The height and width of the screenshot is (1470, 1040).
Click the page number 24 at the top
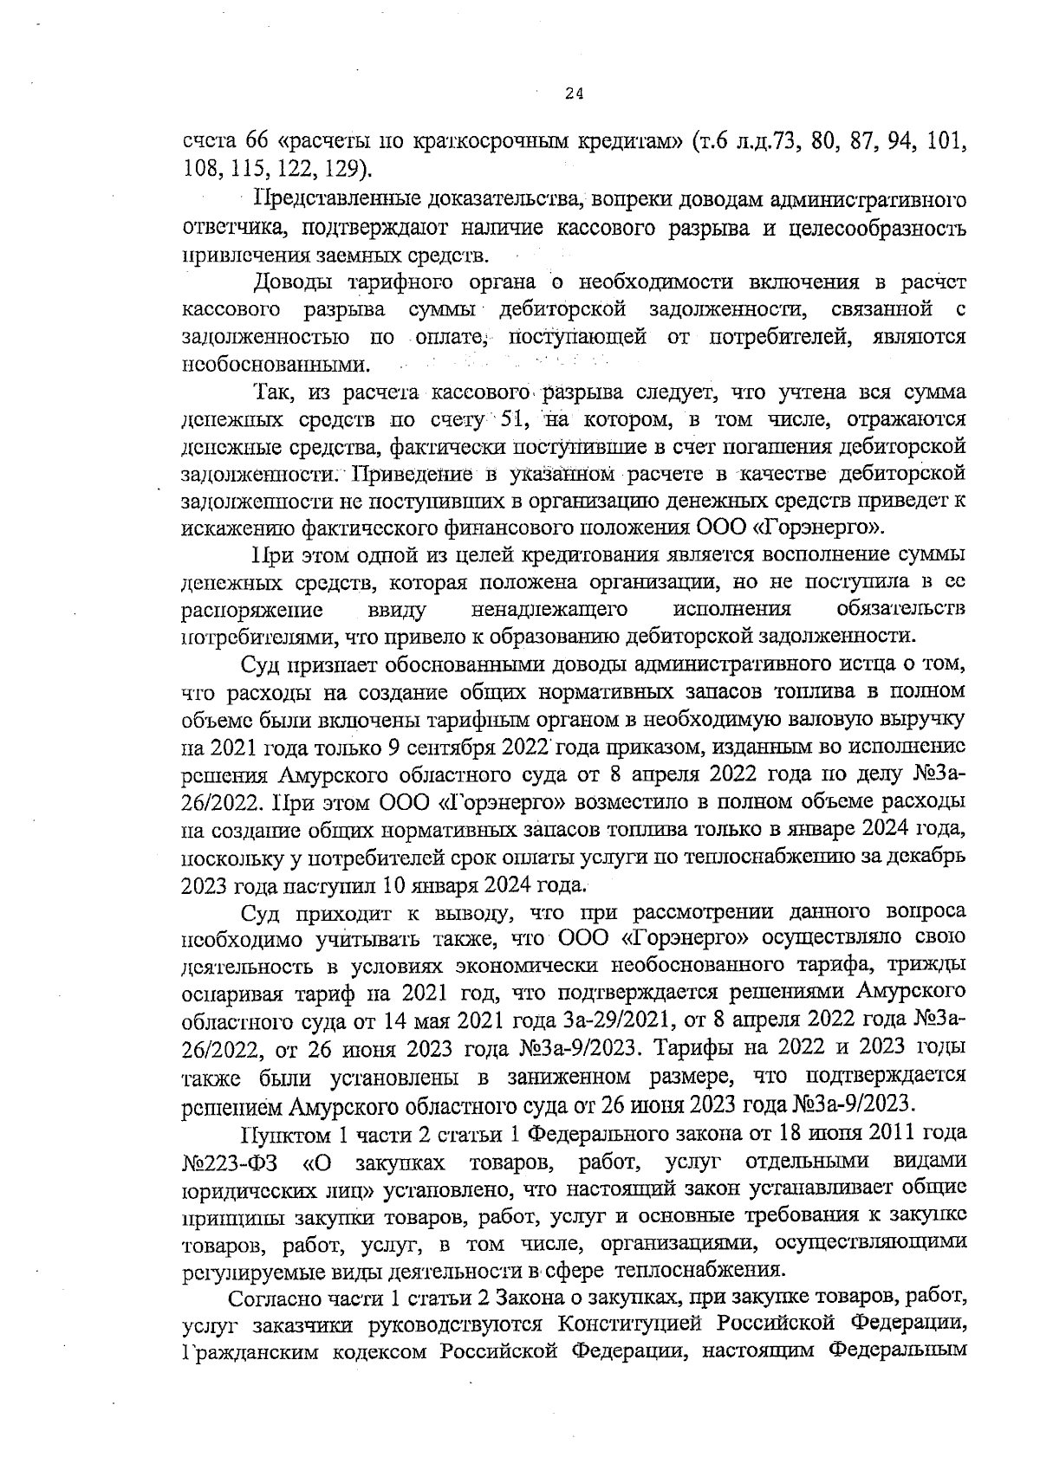[573, 95]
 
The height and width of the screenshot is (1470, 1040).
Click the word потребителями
[256, 637]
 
